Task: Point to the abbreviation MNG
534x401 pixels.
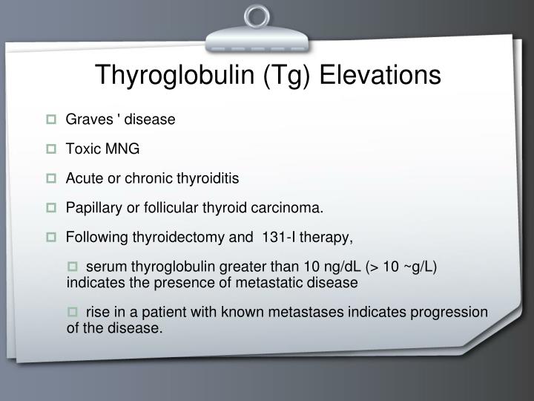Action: coord(122,149)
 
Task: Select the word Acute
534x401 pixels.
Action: coord(82,179)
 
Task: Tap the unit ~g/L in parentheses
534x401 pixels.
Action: coord(421,268)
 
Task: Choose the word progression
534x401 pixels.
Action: coord(452,313)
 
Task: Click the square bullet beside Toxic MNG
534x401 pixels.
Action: coord(53,149)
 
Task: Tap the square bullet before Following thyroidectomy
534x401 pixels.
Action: coord(53,238)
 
